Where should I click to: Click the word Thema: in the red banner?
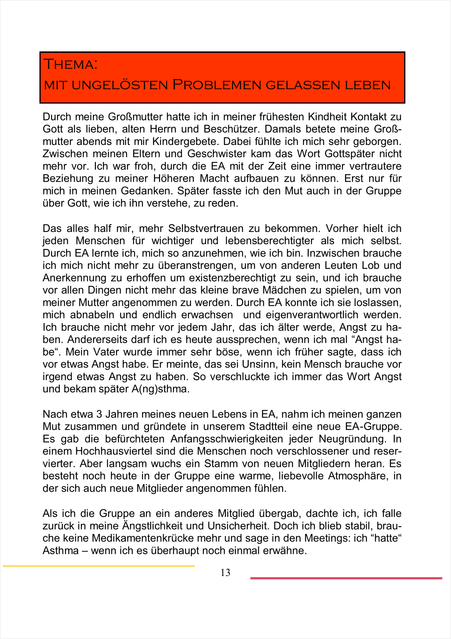coord(71,64)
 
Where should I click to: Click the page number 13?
coord(226,573)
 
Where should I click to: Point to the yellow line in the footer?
coord(99,566)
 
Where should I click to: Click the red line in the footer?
coord(346,578)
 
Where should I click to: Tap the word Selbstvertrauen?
coord(206,228)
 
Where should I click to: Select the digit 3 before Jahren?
coord(99,414)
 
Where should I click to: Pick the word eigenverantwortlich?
coord(312,315)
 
